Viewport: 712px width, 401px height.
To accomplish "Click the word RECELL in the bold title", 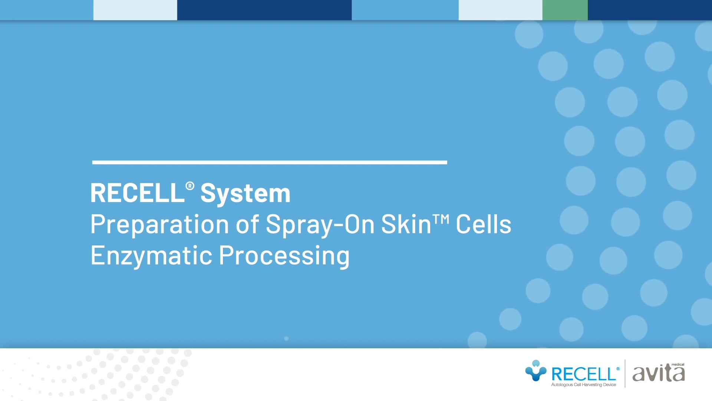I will tap(137, 193).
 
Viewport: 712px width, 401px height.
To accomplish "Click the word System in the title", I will tap(245, 194).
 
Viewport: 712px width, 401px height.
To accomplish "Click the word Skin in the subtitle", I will tap(406, 224).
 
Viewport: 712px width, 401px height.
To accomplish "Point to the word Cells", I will tap(483, 224).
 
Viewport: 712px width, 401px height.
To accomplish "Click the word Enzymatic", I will tap(151, 256).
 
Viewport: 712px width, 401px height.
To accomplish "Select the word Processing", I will tap(284, 256).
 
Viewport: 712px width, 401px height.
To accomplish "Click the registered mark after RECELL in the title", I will tap(189, 186).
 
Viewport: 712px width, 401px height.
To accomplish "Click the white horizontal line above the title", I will tap(270, 162).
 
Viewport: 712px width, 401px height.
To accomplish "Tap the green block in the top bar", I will tap(565, 10).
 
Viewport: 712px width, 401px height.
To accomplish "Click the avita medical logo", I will tap(658, 374).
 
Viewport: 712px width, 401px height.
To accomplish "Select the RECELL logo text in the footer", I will tap(583, 374).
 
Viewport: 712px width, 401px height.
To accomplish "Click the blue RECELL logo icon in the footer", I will tap(535, 371).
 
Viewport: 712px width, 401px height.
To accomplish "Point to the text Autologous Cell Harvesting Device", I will tap(583, 385).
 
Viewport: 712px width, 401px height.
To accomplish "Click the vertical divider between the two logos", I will tap(625, 374).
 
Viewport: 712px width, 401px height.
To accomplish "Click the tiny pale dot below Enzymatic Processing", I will tap(286, 339).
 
